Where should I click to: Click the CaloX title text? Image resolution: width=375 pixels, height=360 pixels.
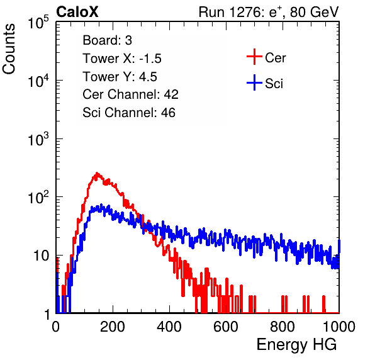(x=77, y=12)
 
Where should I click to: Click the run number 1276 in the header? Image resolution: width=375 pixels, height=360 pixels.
(x=244, y=12)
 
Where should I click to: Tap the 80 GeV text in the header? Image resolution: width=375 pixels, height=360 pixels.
(x=314, y=12)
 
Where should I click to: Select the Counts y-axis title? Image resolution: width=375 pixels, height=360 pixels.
(x=9, y=49)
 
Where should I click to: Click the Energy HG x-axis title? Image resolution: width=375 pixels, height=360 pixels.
(x=296, y=344)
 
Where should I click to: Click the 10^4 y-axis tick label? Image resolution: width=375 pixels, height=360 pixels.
(x=38, y=81)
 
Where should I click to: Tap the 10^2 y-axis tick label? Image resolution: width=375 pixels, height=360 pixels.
(x=38, y=197)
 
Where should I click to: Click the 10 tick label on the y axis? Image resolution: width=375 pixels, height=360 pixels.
(x=41, y=256)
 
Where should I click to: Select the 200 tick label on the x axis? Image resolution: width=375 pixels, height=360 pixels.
(x=113, y=327)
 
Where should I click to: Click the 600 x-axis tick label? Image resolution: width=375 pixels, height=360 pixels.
(x=226, y=327)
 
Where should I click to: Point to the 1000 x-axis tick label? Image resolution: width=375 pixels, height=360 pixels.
(x=339, y=327)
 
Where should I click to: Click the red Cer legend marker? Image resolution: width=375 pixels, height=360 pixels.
(x=254, y=57)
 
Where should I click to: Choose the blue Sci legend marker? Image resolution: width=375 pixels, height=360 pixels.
(x=254, y=83)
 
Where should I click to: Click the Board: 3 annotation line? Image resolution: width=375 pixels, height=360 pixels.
(x=107, y=40)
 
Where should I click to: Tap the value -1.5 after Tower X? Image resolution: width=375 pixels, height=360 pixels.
(x=150, y=59)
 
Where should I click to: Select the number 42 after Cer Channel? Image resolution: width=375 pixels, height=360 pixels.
(x=171, y=94)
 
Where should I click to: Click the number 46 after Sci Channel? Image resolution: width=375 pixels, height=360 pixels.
(x=168, y=113)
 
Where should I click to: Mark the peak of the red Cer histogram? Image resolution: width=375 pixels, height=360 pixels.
(x=97, y=172)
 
